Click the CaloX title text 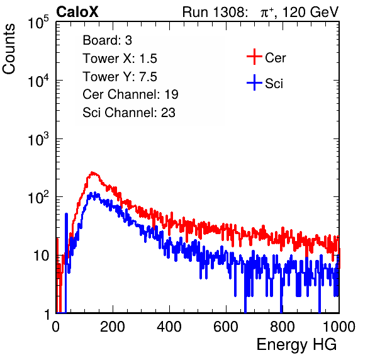click(77, 12)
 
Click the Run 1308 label click(215, 12)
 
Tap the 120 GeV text click(310, 12)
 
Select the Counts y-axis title click(9, 48)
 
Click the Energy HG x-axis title click(296, 345)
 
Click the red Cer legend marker click(254, 57)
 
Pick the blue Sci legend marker click(254, 82)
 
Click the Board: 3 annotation click(107, 40)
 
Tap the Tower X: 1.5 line click(120, 59)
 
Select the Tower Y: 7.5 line click(120, 77)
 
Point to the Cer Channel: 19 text click(130, 94)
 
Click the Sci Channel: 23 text click(129, 113)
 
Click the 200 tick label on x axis click(113, 327)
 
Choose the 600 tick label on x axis click(226, 327)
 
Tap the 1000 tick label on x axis click(339, 327)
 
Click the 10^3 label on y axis click(38, 139)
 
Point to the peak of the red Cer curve click(92, 172)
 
